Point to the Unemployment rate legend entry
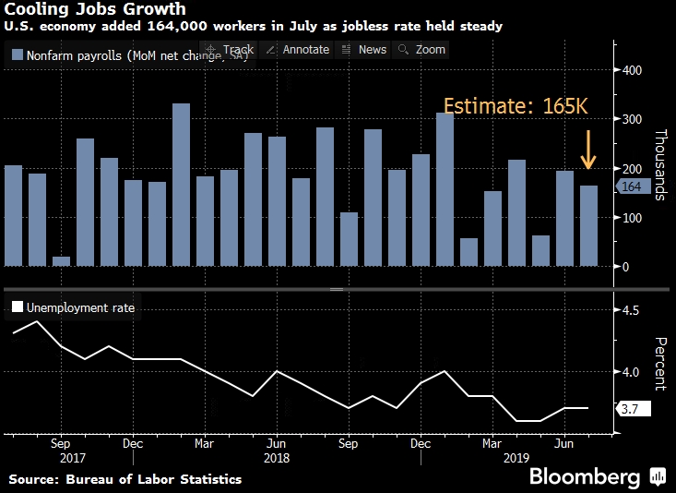[73, 307]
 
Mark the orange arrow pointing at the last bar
[588, 150]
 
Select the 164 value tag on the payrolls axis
[632, 187]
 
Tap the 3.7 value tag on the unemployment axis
[634, 408]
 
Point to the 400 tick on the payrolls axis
[633, 70]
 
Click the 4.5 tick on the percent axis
[631, 310]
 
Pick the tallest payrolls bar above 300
[182, 185]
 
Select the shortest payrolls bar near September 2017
[62, 261]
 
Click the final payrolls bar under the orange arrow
[588, 226]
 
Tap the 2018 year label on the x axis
[278, 457]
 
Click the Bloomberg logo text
[584, 476]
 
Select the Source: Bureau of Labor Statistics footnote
[125, 479]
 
